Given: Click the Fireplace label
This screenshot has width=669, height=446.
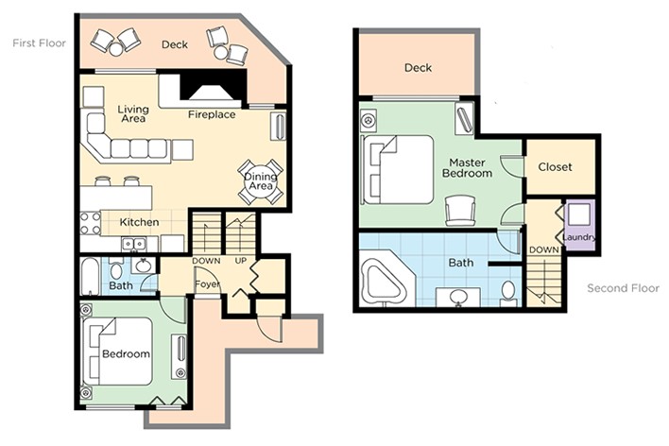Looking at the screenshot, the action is click(212, 114).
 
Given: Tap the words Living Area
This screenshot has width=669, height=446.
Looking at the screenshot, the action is click(133, 114).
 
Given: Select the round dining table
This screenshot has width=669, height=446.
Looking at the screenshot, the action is click(261, 181).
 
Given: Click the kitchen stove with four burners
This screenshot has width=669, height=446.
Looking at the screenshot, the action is click(91, 223).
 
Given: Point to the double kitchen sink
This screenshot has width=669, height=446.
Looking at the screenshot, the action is click(134, 245).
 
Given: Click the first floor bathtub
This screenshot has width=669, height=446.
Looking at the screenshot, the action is click(91, 276).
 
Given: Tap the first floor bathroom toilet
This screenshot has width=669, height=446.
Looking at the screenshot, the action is click(115, 269).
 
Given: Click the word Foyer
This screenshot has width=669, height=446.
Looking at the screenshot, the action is click(207, 283).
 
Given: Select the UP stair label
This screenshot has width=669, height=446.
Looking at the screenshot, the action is click(241, 261).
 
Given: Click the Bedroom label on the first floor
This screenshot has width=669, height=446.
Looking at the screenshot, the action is click(126, 353).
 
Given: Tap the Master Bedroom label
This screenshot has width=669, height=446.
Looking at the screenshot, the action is click(467, 168).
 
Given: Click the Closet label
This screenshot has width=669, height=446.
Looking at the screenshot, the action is click(555, 167).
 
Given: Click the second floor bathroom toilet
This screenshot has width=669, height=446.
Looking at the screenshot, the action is click(508, 293).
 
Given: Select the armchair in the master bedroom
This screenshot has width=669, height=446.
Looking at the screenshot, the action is click(460, 211).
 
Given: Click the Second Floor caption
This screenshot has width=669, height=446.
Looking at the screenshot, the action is click(623, 288).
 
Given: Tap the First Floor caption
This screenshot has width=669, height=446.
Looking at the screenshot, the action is click(40, 43).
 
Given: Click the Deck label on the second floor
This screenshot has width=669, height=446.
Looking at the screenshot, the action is click(418, 67).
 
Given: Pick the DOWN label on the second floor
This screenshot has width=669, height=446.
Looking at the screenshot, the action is click(543, 249).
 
